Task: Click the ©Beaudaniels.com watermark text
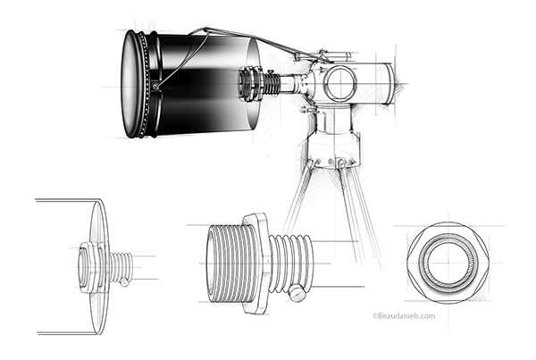(404, 316)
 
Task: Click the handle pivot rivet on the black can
(155, 86)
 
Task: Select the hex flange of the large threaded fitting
(256, 264)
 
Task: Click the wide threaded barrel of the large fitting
(227, 264)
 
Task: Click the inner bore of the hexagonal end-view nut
(448, 264)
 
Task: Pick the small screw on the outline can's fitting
(125, 282)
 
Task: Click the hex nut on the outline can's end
(89, 267)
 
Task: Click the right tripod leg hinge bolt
(341, 164)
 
